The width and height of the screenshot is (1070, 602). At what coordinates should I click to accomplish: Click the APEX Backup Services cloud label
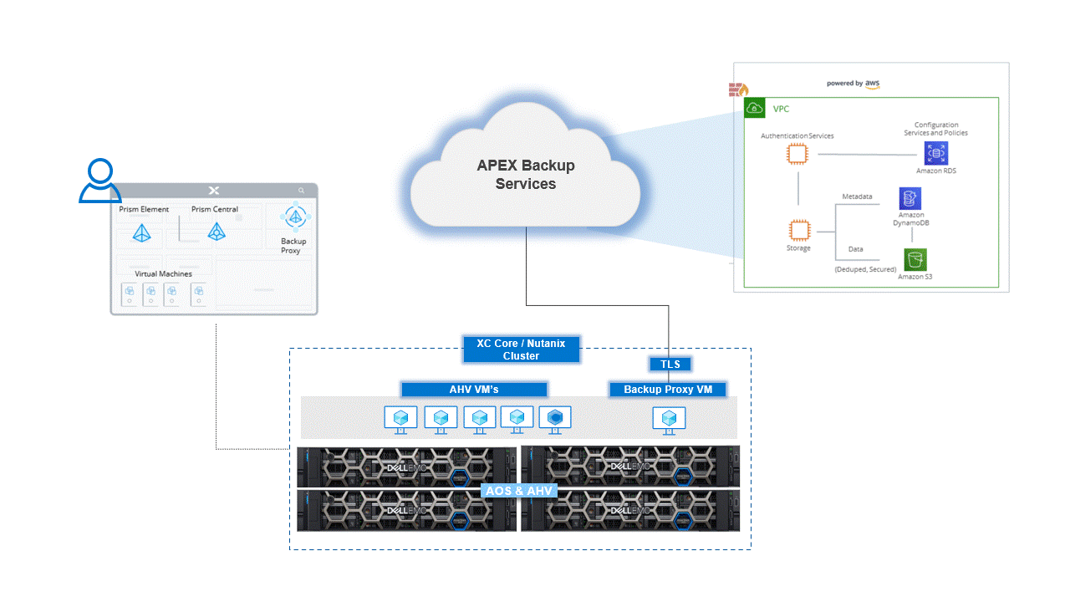(526, 175)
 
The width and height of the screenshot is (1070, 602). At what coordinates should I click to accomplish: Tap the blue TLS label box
(670, 364)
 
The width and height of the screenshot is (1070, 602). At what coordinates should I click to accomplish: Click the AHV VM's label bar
(474, 390)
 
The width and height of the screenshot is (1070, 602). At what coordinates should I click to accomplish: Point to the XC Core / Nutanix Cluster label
(521, 349)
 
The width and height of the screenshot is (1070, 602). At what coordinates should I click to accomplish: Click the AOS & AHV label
(519, 490)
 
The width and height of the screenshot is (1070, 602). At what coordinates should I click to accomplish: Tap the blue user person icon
(100, 181)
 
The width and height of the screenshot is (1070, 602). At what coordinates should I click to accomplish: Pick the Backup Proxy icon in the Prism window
(294, 217)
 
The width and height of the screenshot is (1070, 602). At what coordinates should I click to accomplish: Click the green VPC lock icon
(754, 108)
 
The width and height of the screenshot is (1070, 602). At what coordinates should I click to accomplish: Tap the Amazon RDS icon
(935, 153)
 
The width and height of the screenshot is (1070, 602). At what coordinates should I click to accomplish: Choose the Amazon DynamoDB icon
(910, 198)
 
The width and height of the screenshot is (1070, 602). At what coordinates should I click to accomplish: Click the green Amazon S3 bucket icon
(915, 259)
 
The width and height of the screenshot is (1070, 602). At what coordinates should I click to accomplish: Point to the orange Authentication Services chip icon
(797, 154)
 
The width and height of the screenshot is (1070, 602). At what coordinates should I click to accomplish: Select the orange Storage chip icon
(798, 231)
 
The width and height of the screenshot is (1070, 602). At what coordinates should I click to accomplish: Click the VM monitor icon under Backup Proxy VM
(669, 419)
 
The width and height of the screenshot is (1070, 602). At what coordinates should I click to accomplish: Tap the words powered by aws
(853, 84)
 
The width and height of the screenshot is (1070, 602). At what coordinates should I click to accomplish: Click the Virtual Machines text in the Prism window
(163, 274)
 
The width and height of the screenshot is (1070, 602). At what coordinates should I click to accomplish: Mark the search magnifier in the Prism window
(302, 191)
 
